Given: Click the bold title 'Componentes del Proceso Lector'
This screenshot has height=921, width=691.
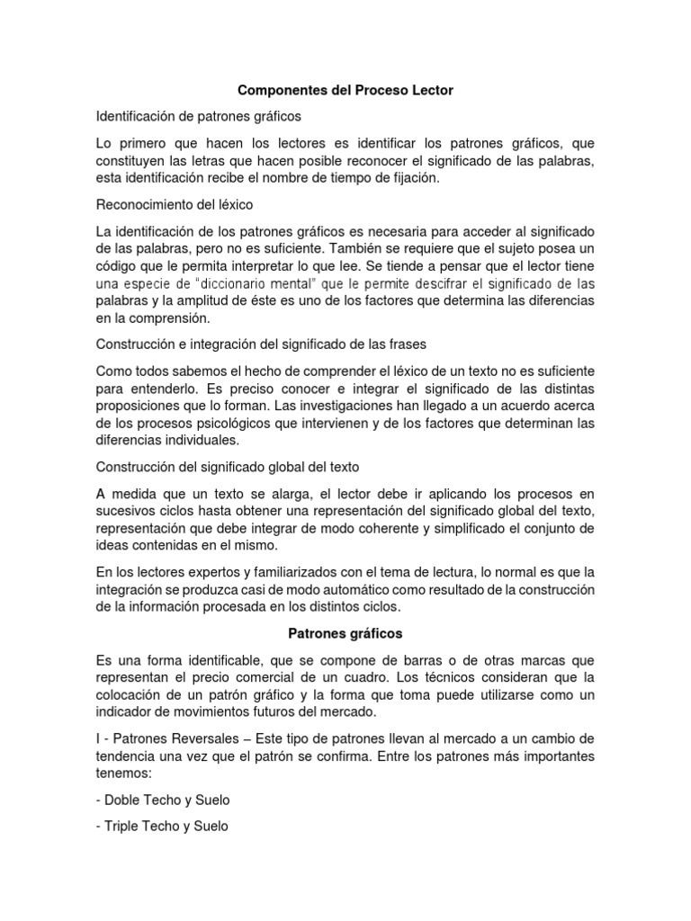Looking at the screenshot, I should pyautogui.click(x=345, y=91).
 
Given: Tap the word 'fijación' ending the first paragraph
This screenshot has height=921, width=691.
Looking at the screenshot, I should pyautogui.click(x=417, y=177).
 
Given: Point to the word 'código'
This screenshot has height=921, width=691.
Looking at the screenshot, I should pyautogui.click(x=118, y=265).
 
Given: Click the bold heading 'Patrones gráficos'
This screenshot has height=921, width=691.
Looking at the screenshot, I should pyautogui.click(x=345, y=634).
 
